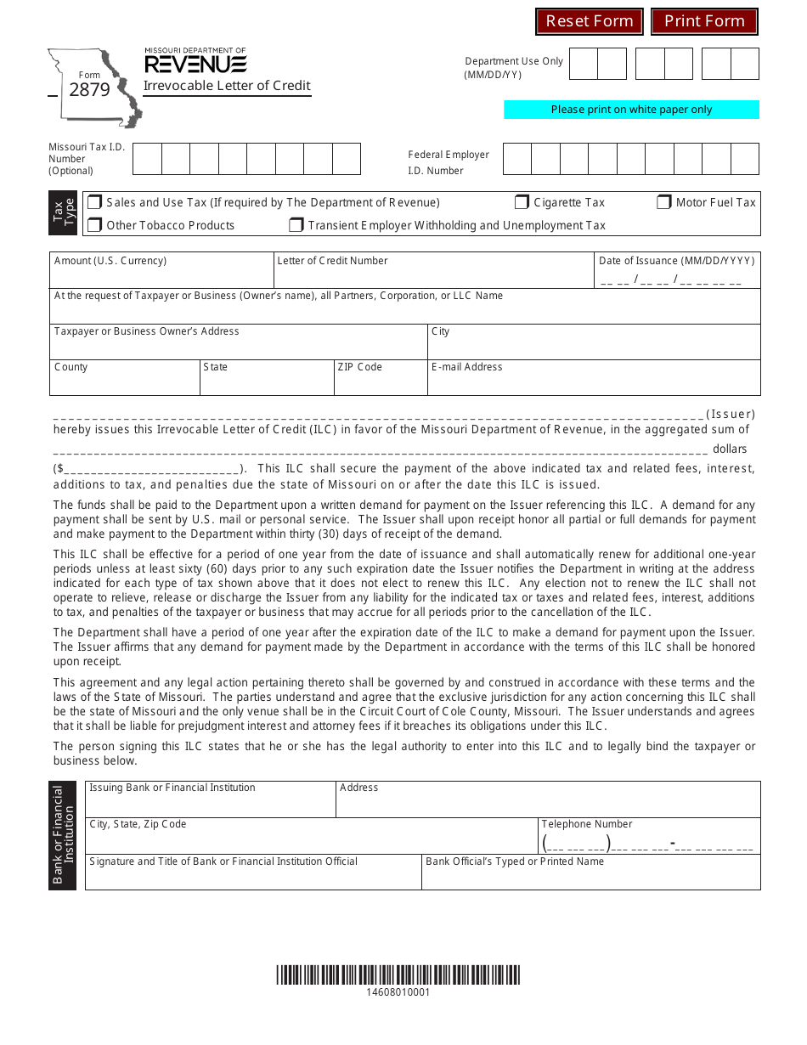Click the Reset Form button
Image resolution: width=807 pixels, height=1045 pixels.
click(x=590, y=21)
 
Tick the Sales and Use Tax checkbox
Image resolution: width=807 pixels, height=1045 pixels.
click(x=95, y=202)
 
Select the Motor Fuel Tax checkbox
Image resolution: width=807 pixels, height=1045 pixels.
click(x=664, y=202)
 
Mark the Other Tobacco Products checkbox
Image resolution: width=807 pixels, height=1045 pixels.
click(x=95, y=225)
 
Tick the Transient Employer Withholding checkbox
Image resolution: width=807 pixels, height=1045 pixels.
click(x=296, y=225)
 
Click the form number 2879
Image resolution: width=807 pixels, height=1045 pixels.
click(x=89, y=89)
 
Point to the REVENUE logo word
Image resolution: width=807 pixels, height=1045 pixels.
click(x=195, y=65)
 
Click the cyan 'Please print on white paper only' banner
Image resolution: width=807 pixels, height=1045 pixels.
click(x=631, y=110)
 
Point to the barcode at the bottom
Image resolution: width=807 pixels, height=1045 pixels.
click(x=398, y=974)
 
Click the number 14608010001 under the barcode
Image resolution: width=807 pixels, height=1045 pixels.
click(x=398, y=992)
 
